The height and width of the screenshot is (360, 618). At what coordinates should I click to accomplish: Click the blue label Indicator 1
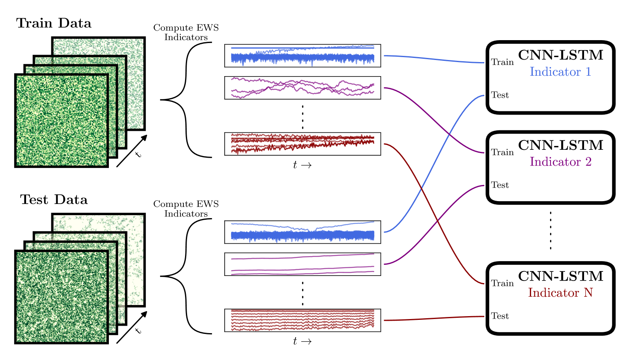tap(560, 72)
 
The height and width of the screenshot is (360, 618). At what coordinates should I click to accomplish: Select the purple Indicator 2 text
tap(560, 162)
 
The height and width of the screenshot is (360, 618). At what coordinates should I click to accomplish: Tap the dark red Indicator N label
tap(560, 293)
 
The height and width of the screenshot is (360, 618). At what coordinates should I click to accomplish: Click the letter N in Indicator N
tap(588, 293)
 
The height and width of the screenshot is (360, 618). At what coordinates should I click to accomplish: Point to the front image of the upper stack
tap(61, 120)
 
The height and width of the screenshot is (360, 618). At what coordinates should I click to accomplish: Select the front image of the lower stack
tap(61, 297)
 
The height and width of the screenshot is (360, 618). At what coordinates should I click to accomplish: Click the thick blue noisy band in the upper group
tap(303, 58)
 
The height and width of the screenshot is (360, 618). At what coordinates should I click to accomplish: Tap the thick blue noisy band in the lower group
tap(303, 236)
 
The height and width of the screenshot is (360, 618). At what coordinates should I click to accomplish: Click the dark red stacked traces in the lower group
tap(303, 319)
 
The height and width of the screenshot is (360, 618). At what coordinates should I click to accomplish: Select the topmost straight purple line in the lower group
tap(303, 257)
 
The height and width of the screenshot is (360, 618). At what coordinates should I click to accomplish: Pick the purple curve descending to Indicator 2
tap(435, 120)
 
